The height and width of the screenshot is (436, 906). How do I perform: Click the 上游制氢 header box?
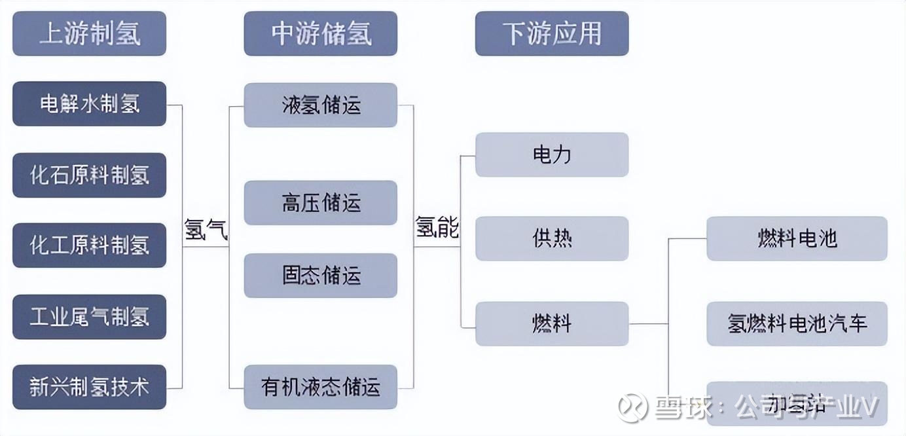click(89, 33)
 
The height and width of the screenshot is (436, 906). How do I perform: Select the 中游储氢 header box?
click(320, 33)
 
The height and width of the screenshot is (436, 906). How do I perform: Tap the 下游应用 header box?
click(552, 33)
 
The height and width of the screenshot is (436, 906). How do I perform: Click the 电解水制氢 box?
click(89, 103)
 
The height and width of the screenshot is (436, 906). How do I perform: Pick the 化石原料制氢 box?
click(89, 175)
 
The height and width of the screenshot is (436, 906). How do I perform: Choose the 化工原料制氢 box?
click(89, 245)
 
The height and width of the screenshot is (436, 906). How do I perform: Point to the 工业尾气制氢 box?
click(89, 317)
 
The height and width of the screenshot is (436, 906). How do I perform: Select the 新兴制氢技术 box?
click(89, 387)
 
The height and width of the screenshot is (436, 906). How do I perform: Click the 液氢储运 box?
click(320, 105)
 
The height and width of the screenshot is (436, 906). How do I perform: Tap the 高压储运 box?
click(320, 203)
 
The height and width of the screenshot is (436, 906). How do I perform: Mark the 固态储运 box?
click(320, 276)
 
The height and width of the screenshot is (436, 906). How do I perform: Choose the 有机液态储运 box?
click(320, 387)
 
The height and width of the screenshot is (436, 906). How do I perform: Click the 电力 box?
click(552, 154)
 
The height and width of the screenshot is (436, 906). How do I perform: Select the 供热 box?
click(552, 238)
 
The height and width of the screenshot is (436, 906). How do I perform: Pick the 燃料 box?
click(552, 323)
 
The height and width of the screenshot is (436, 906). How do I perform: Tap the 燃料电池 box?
click(797, 238)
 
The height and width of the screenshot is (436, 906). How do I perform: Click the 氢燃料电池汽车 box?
click(797, 323)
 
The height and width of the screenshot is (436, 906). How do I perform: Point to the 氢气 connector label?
click(206, 230)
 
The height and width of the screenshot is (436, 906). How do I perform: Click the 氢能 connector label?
click(437, 228)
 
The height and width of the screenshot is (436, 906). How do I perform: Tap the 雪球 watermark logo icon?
click(632, 407)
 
